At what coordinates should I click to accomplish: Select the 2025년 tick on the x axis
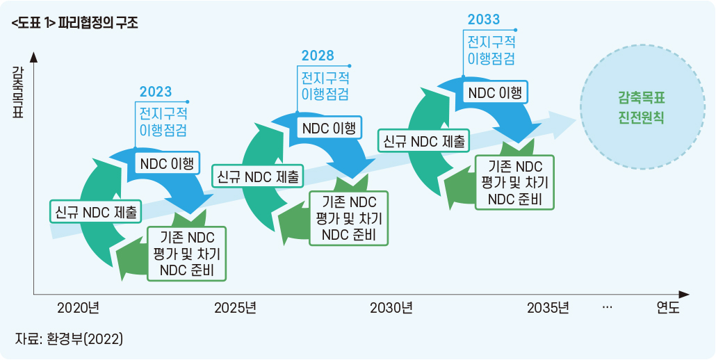(x=235, y=307)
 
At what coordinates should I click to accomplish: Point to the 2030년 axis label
(x=391, y=307)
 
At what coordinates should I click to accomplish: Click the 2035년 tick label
(x=548, y=307)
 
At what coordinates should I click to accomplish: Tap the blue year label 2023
(x=155, y=92)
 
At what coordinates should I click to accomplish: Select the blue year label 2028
(x=318, y=56)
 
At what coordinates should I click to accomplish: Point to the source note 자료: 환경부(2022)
(x=69, y=339)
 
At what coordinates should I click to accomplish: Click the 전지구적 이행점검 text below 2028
(x=325, y=85)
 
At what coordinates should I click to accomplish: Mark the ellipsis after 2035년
(x=607, y=306)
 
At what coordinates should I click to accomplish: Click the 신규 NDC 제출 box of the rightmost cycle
(x=424, y=142)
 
